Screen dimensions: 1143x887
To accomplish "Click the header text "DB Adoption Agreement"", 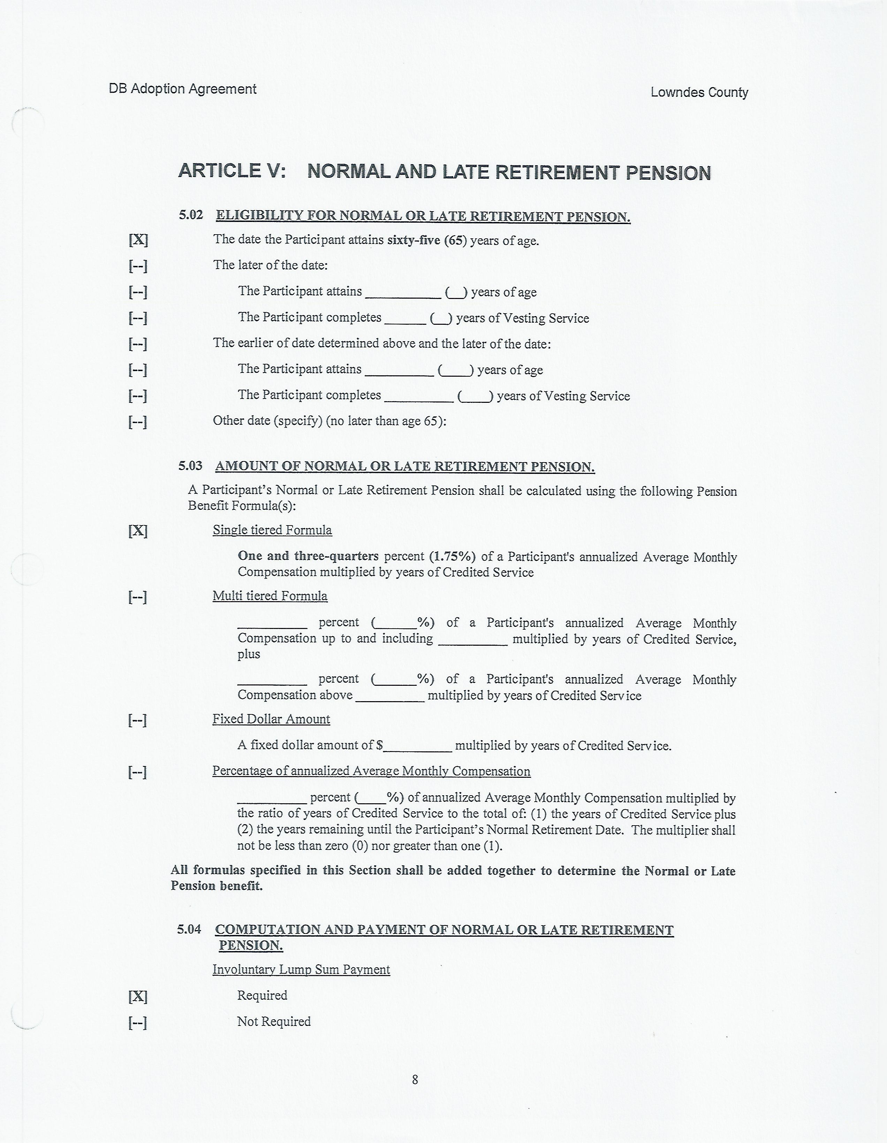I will (x=182, y=89).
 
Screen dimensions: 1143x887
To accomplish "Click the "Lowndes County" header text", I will (x=699, y=93).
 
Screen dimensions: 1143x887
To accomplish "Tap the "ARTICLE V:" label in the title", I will (x=232, y=171).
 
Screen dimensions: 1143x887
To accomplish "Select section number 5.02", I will (x=191, y=215).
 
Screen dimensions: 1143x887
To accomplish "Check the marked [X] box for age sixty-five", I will (x=138, y=240).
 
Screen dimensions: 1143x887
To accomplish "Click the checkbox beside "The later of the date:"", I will (x=138, y=266).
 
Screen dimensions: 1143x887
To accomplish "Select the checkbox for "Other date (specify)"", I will (x=138, y=421).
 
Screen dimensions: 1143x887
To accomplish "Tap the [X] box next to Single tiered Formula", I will (x=138, y=531).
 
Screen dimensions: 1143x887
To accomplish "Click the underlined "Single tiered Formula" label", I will (x=272, y=530).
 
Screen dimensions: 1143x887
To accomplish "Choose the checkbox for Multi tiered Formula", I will (x=138, y=597).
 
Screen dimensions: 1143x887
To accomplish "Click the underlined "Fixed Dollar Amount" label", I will (x=271, y=719).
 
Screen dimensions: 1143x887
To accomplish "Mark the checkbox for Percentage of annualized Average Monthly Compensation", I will (x=138, y=772).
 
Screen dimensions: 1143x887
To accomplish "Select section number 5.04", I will (x=189, y=929).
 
